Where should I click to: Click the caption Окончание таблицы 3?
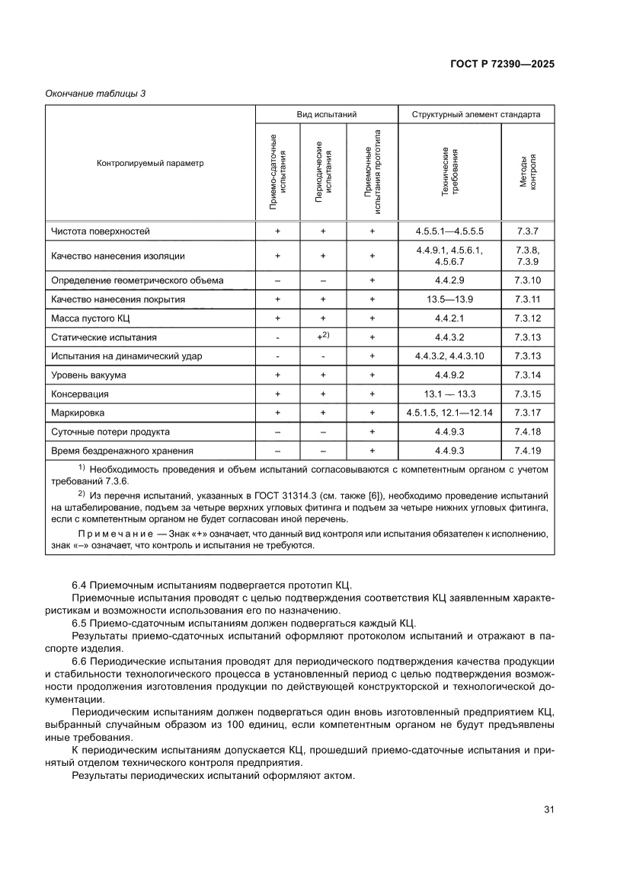95,94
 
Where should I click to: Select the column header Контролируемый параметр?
150,163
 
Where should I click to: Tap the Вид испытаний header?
326,114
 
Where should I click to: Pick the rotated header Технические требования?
449,172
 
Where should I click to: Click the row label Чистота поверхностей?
101,230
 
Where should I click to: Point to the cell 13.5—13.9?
449,299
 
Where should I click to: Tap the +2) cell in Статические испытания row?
324,336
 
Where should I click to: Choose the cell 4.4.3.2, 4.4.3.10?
449,356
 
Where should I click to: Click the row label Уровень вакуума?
88,375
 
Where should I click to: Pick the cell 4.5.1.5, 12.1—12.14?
449,413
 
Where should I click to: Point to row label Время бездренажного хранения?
122,451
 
